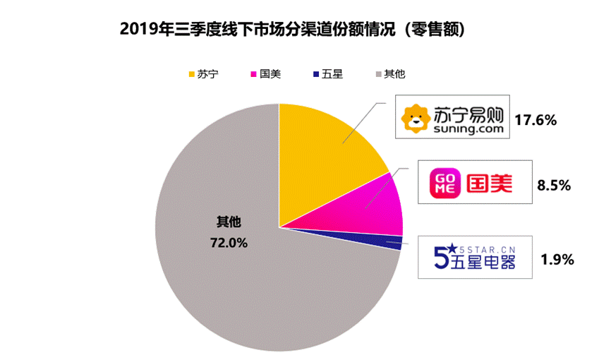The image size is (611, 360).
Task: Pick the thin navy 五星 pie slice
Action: [x=392, y=243]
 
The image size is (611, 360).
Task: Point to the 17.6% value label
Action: [x=536, y=120]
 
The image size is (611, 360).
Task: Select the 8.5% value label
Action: [x=553, y=186]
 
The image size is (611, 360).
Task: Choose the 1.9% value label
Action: [x=557, y=259]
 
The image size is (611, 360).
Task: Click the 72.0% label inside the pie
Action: [x=229, y=243]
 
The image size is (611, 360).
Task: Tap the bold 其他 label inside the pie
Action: [x=229, y=222]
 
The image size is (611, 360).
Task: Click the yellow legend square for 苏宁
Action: [x=192, y=73]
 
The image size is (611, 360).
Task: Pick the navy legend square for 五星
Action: [x=313, y=73]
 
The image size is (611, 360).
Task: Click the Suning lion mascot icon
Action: [x=416, y=119]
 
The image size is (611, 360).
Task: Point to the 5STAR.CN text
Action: [x=488, y=249]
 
